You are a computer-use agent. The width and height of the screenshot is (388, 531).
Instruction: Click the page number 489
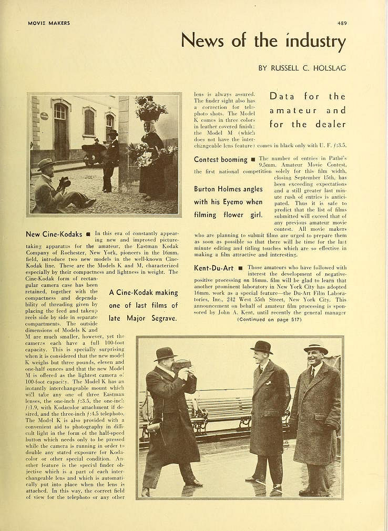tap(342, 23)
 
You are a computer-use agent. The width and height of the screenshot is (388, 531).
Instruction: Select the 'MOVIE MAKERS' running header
tap(49, 23)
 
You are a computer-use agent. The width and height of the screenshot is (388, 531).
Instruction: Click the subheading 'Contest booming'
tap(220, 159)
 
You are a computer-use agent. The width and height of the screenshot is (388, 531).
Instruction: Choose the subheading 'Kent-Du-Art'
tap(213, 268)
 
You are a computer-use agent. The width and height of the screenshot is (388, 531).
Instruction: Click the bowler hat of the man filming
tap(165, 354)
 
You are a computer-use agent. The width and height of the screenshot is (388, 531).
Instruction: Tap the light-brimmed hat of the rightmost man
tap(315, 349)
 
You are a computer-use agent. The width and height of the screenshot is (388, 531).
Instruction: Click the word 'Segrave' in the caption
tap(160, 318)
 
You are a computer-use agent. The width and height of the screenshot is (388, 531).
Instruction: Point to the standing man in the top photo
tap(110, 160)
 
